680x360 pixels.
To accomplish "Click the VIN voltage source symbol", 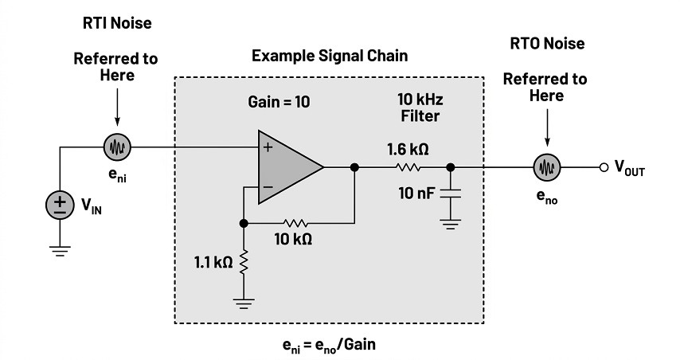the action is click(x=60, y=205).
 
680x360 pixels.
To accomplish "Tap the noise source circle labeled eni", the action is click(x=117, y=147).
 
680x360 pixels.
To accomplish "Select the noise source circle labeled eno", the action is click(x=547, y=167).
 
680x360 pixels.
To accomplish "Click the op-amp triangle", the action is click(x=291, y=167).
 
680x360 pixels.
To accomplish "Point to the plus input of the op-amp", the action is click(x=268, y=147).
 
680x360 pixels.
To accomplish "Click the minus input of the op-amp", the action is click(x=268, y=187).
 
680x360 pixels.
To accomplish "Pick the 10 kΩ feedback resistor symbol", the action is click(x=295, y=223).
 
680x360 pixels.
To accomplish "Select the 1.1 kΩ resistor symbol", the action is click(x=244, y=262).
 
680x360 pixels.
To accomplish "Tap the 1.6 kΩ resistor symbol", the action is click(x=408, y=167).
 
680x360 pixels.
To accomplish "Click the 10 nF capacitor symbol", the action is click(x=451, y=194).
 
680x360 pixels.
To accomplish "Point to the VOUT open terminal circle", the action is click(x=604, y=167).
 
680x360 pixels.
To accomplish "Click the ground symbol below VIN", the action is click(x=60, y=251).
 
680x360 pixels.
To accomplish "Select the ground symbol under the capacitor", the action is click(x=451, y=225).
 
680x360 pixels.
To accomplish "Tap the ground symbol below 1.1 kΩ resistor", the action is click(x=244, y=303).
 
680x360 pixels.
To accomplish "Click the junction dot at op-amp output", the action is click(x=354, y=167).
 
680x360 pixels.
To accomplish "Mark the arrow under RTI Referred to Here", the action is click(x=117, y=108).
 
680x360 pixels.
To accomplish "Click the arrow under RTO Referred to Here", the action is click(x=547, y=127).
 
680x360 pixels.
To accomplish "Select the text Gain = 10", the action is click(x=279, y=102).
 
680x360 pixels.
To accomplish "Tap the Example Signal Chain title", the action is click(x=330, y=56).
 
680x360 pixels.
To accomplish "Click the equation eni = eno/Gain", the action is click(x=329, y=345).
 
